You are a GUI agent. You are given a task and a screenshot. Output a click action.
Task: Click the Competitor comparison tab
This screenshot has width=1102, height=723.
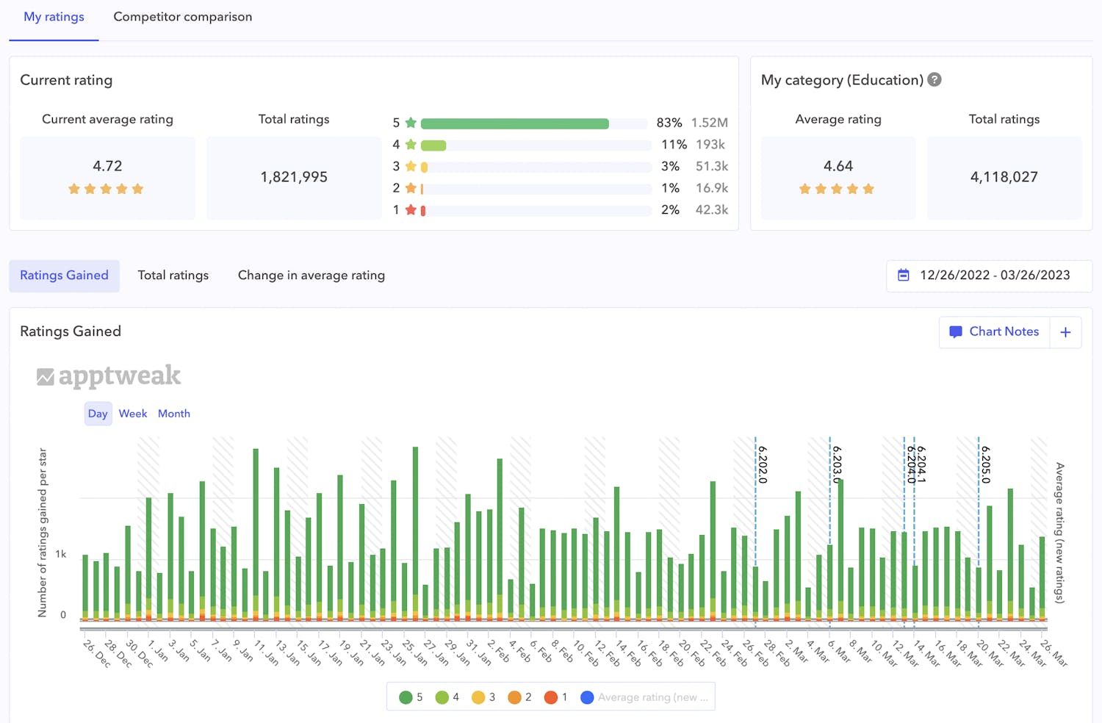point(182,17)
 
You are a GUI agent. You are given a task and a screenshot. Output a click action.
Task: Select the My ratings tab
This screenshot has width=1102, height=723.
point(54,17)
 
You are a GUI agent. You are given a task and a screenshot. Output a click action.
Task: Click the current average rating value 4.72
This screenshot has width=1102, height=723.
point(107,166)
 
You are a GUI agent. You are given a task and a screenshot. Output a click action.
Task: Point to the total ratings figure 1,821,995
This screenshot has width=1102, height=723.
point(294,177)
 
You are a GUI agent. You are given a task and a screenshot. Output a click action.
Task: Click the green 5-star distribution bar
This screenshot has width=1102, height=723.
point(514,123)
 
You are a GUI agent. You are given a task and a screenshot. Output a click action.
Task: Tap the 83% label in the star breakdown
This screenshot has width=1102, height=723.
point(669,123)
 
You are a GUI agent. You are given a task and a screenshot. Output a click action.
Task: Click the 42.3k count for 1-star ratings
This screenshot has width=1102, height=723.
point(711,210)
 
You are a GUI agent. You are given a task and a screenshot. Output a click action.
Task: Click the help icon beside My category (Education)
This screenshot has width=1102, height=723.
point(934,80)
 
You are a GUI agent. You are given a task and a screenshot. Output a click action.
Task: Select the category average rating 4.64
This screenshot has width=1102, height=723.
point(838,166)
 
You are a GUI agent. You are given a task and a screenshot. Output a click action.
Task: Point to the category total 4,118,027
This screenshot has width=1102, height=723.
point(1004,177)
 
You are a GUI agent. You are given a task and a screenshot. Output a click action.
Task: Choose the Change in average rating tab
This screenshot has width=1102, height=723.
point(311,276)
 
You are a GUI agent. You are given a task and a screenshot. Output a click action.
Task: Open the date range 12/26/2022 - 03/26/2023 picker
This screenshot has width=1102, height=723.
point(988,276)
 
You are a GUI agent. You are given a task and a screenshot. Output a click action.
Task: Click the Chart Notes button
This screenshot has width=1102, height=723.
point(995,332)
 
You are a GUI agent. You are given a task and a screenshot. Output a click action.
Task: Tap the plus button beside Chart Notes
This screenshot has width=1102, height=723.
point(1065,332)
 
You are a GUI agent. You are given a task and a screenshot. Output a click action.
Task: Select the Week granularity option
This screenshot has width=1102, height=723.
point(133,414)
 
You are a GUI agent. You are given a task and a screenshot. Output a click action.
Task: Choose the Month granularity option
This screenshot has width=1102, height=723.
point(174,414)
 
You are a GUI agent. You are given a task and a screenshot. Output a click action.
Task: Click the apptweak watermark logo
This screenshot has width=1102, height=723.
point(109,376)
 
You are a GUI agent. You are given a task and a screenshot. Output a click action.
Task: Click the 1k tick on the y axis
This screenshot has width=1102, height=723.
point(61,554)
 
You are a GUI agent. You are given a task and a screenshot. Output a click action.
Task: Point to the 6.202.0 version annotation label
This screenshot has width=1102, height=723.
point(763,464)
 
